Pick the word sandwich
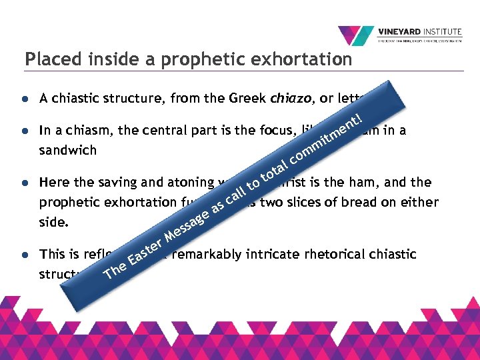68,150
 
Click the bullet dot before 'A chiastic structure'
24,99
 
